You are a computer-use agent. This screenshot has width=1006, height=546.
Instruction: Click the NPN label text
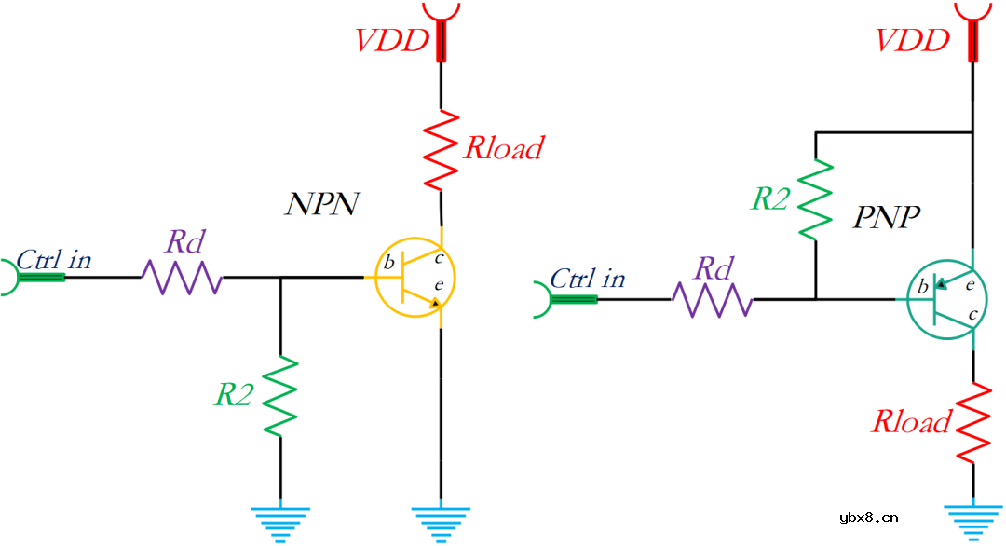[321, 204]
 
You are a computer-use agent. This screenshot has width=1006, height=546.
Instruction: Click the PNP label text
[888, 218]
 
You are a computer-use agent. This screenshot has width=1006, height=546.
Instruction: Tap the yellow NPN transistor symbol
[415, 277]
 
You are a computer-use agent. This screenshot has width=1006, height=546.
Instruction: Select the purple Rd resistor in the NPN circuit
[182, 277]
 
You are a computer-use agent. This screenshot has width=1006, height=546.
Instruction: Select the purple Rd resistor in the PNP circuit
[713, 299]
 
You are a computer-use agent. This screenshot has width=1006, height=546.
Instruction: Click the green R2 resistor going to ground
[280, 395]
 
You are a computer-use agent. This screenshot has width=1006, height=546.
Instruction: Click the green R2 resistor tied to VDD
[815, 199]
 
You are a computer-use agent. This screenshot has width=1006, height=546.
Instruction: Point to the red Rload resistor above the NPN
[441, 149]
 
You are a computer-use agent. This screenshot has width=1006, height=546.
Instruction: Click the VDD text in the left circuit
[391, 41]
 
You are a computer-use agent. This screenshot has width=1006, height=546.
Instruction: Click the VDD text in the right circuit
[914, 41]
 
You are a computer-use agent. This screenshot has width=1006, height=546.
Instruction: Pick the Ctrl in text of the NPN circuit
[56, 259]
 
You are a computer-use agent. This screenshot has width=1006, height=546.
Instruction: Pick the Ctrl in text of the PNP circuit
[588, 279]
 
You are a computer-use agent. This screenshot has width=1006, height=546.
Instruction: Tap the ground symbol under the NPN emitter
[441, 523]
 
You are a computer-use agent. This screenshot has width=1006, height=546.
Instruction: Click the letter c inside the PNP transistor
[972, 315]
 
